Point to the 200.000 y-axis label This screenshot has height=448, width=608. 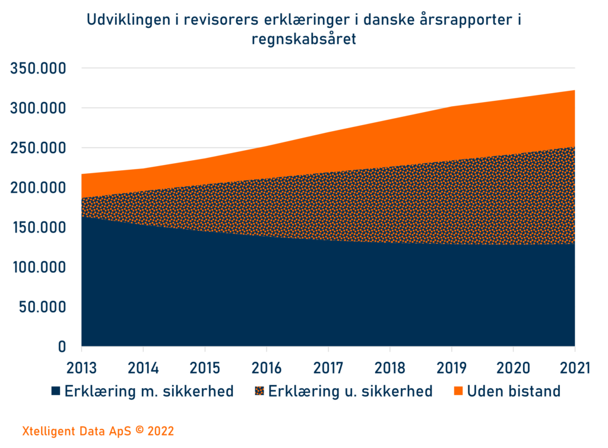tap(38, 188)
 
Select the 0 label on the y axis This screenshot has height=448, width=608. tap(61, 347)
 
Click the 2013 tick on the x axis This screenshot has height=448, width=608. tap(81, 367)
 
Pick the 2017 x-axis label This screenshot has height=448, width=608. tap(328, 367)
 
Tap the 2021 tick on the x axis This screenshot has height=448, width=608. tap(575, 367)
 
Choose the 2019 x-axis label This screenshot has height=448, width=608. tap(452, 367)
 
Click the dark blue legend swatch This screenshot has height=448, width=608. tap(56, 392)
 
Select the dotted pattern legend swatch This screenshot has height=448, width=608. tap(259, 392)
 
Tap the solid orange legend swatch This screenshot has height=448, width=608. tap(458, 392)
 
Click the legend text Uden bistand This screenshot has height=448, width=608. tap(514, 392)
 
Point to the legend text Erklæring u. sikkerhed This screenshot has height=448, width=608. tap(350, 392)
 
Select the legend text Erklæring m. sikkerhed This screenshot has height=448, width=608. tap(148, 392)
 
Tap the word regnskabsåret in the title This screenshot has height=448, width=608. tap(304, 40)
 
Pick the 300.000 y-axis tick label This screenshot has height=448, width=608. tap(38, 108)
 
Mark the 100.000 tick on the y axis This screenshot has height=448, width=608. tap(38, 267)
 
